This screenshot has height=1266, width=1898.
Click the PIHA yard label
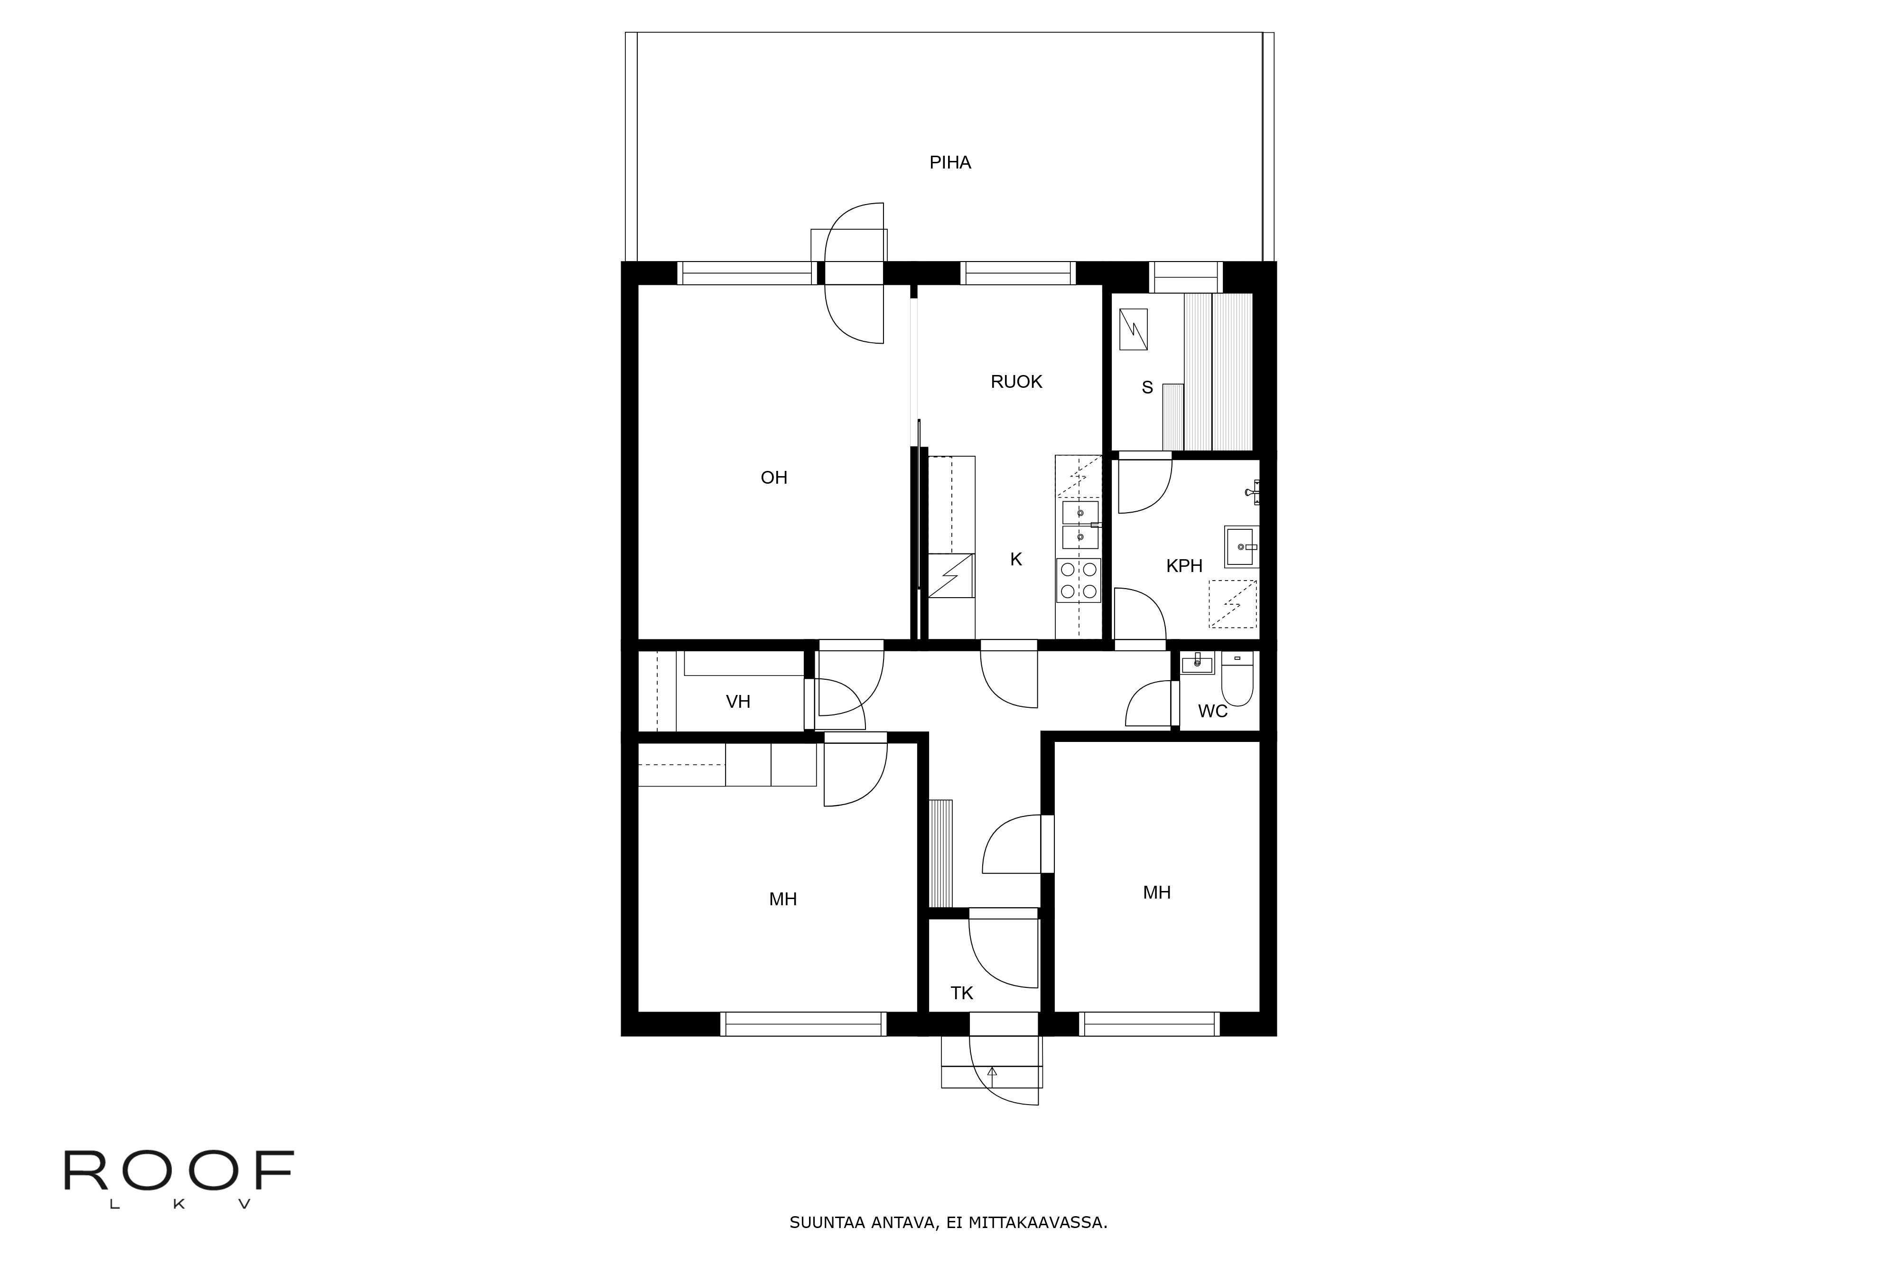point(950,162)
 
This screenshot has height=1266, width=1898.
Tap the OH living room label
point(774,477)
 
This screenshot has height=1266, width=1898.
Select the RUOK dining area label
point(1016,381)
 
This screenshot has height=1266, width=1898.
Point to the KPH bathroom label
point(1184,566)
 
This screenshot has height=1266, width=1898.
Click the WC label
point(1212,711)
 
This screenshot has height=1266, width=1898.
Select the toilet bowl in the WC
point(1236,680)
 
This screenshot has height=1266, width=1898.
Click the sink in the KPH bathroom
point(1241,547)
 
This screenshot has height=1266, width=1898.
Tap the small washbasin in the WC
point(1197,664)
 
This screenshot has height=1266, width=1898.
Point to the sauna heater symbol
point(1133,329)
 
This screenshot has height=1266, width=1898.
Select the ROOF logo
point(178,1178)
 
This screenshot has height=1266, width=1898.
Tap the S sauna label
point(1147,387)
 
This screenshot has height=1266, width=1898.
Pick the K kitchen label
point(1016,559)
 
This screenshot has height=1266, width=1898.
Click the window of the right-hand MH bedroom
point(1149,1024)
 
